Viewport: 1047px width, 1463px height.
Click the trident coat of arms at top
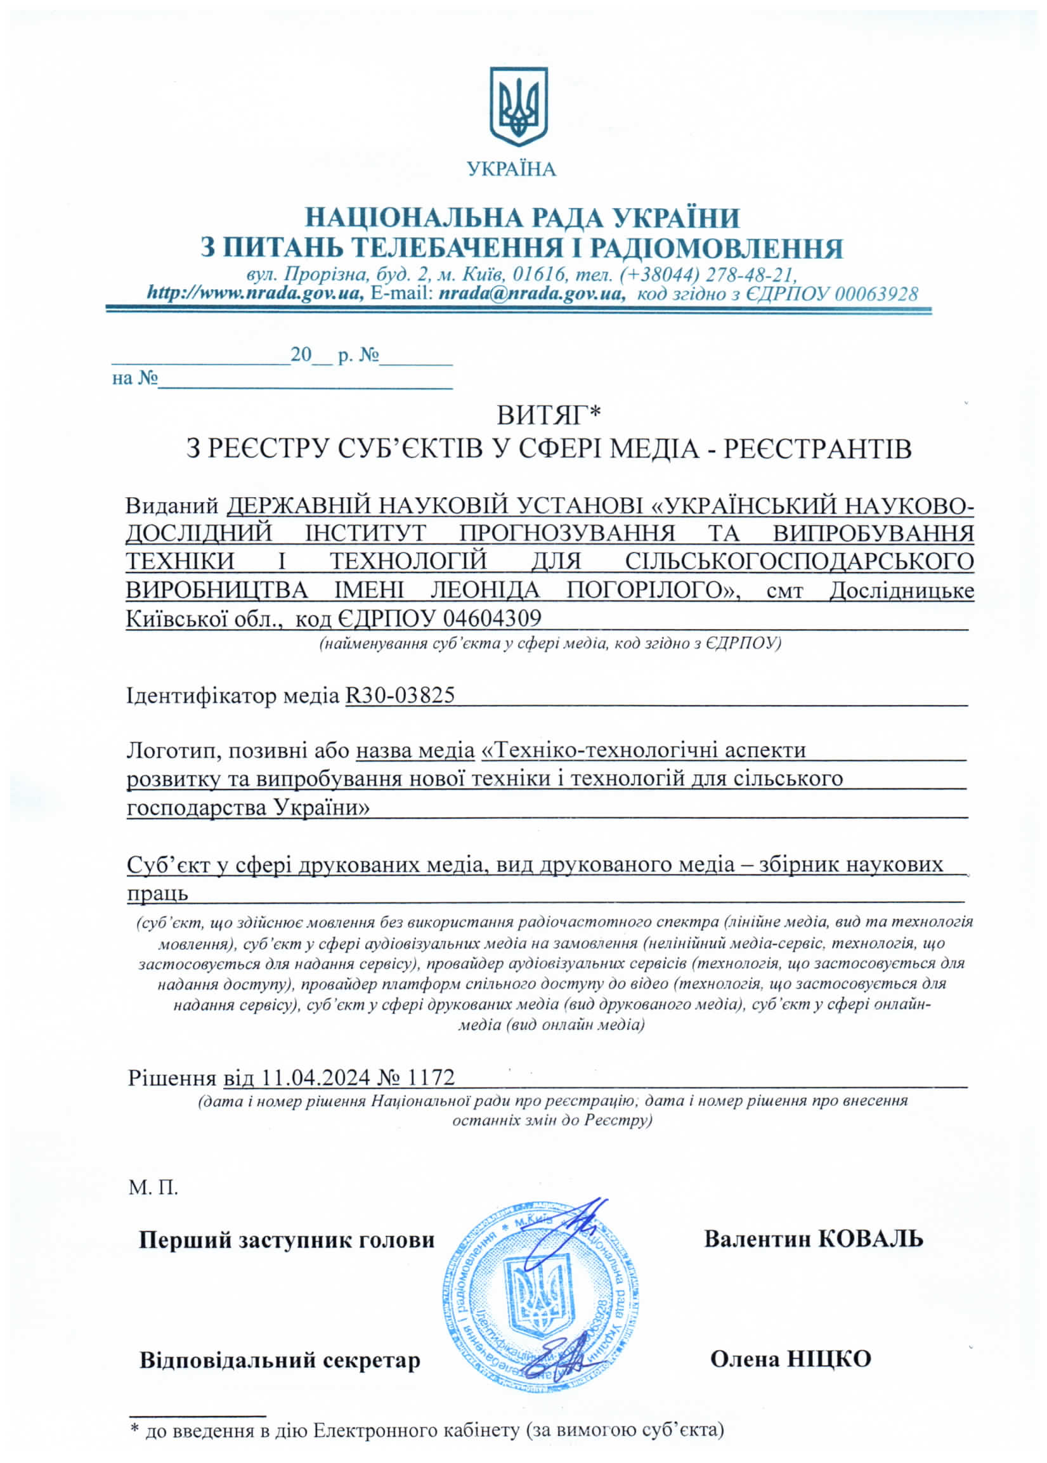(518, 107)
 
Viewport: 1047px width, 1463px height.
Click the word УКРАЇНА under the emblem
(511, 169)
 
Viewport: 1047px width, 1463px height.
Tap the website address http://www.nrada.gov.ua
(256, 294)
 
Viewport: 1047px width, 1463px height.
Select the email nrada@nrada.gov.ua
(531, 294)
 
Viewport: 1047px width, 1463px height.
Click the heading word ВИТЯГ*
(548, 415)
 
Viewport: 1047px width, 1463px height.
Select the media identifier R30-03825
(400, 695)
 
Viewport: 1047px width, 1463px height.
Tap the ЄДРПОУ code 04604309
(493, 618)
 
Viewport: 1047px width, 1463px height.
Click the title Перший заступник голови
(287, 1240)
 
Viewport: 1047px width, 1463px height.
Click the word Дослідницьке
(901, 590)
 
